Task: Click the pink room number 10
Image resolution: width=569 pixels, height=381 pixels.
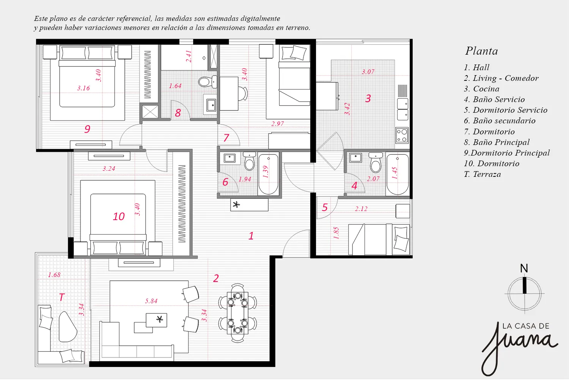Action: click(x=119, y=217)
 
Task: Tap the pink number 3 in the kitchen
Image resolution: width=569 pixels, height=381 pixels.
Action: click(x=368, y=98)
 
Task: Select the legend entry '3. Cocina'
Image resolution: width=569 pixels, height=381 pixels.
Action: click(x=482, y=89)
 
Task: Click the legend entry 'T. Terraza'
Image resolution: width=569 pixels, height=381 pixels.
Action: click(x=483, y=174)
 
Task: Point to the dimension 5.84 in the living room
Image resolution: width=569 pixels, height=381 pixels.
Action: click(x=151, y=301)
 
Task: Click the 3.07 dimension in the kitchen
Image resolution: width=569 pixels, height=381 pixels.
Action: click(x=368, y=72)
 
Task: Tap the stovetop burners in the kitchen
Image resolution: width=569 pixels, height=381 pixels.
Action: click(x=402, y=135)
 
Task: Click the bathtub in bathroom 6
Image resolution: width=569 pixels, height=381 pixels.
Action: click(x=268, y=174)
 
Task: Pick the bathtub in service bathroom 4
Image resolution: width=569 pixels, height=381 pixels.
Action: click(x=397, y=175)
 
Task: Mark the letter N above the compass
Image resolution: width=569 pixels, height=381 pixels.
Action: click(x=524, y=268)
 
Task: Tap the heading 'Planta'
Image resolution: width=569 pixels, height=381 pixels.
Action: click(x=482, y=51)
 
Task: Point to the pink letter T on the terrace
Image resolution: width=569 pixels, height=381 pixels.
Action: click(x=62, y=297)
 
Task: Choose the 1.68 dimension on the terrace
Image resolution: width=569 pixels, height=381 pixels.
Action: click(x=54, y=275)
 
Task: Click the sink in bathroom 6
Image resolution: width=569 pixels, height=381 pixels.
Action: click(x=229, y=158)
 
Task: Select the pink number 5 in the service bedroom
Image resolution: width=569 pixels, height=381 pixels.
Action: click(x=325, y=208)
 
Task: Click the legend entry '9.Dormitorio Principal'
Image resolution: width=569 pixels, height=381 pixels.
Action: click(x=507, y=153)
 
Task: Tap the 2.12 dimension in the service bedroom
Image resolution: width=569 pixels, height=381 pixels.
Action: click(x=361, y=209)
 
